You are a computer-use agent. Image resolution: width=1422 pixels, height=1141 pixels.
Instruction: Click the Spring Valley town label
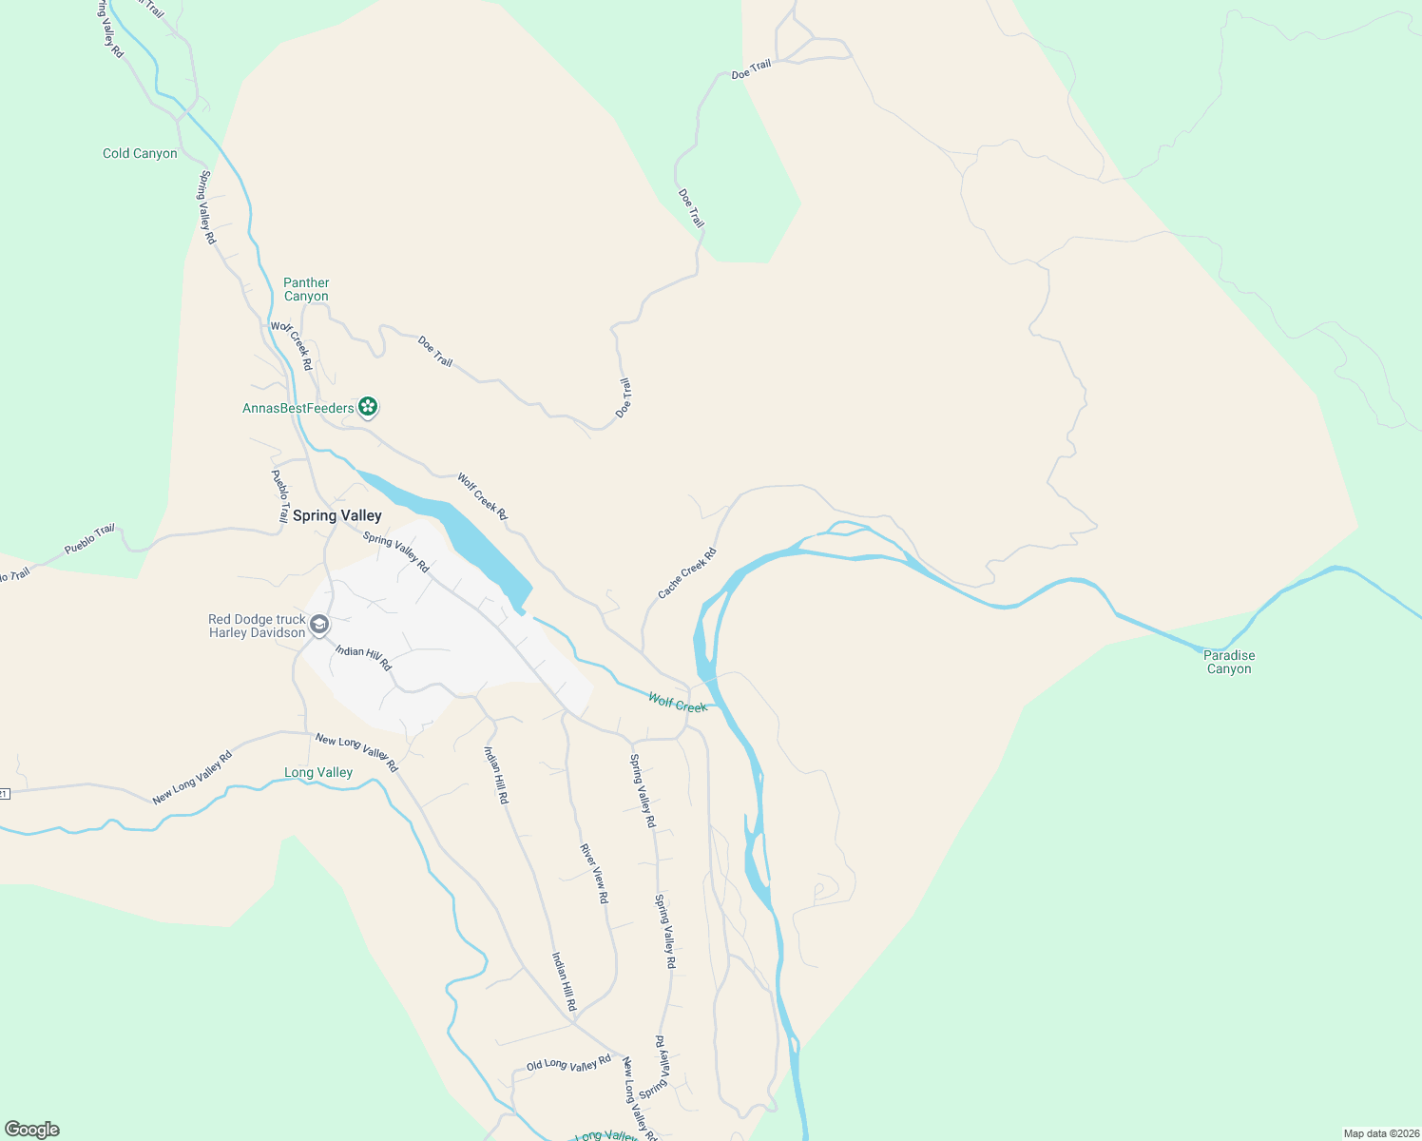336,515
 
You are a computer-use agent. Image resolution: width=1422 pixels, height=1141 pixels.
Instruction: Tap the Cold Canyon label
140,153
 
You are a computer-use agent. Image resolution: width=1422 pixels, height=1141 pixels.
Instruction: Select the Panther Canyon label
306,289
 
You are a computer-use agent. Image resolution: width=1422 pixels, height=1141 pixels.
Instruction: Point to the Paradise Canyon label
1229,662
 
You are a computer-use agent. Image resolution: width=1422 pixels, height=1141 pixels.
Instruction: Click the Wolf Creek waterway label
677,704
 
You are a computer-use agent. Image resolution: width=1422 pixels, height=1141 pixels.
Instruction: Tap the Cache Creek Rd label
687,573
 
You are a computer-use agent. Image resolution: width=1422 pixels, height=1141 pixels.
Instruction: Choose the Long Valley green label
318,772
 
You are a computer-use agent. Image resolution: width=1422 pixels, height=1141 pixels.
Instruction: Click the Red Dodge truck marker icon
319,625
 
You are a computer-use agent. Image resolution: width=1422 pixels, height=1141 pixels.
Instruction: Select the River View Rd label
593,872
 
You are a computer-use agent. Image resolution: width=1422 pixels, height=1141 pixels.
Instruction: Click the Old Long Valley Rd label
568,1064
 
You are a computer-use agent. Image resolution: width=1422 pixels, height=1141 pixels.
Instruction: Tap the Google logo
32,1130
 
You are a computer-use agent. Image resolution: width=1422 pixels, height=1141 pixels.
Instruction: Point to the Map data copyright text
1380,1133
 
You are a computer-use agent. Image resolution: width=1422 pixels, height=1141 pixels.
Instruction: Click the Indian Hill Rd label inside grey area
363,657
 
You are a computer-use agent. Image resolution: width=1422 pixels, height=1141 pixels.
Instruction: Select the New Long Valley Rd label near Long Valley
356,752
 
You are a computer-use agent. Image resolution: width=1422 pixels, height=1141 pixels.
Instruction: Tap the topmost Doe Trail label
751,69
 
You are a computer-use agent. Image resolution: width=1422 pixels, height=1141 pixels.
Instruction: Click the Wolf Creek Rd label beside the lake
482,495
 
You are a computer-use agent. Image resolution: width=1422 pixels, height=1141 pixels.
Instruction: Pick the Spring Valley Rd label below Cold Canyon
207,207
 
